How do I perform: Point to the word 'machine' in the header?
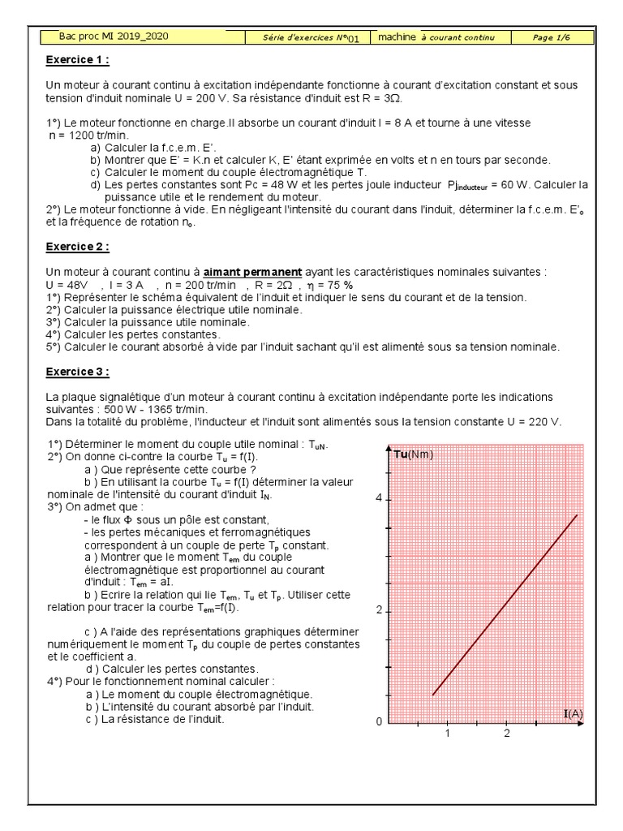[x=397, y=37]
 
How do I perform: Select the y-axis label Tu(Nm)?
[x=414, y=454]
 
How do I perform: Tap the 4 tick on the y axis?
[x=377, y=499]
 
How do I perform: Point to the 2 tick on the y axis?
[x=377, y=611]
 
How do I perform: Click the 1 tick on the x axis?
[x=446, y=734]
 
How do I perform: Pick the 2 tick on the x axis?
[x=507, y=734]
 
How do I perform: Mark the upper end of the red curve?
[x=577, y=515]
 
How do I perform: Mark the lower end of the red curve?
[x=432, y=695]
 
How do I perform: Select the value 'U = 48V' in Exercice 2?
[x=68, y=286]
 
